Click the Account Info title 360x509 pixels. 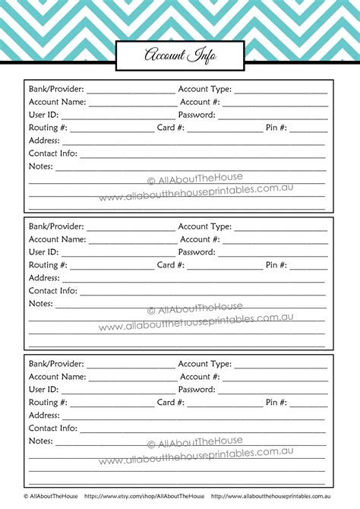(x=180, y=55)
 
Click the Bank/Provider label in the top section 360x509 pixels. (x=56, y=89)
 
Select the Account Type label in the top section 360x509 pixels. (x=205, y=89)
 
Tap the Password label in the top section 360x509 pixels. (x=197, y=115)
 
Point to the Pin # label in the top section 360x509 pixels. (x=276, y=128)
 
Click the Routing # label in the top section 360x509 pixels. (x=48, y=128)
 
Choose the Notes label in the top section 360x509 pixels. (x=41, y=166)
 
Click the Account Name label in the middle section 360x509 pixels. (x=57, y=239)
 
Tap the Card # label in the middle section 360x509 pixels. (x=171, y=265)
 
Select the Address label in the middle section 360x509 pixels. (x=44, y=278)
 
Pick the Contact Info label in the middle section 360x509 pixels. (x=53, y=290)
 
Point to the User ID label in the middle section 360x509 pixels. (x=43, y=252)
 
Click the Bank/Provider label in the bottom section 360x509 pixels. (x=56, y=364)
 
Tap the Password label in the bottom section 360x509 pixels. (x=197, y=390)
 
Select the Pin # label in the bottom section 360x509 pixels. (x=276, y=403)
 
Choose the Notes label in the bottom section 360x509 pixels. (x=41, y=441)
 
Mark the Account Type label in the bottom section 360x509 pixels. (x=205, y=364)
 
